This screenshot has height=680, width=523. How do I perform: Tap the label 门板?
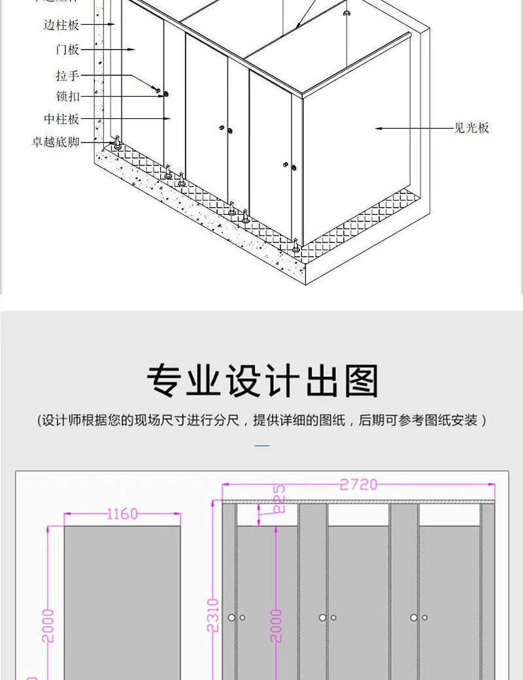(67, 50)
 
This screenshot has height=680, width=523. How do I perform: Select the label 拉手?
(67, 76)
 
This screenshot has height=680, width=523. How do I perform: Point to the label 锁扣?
(67, 97)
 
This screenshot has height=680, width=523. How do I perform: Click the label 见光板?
(471, 129)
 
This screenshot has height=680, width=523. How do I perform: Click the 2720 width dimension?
(358, 485)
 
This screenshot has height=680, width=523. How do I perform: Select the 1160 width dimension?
(122, 514)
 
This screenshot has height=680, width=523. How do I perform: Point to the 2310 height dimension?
(212, 615)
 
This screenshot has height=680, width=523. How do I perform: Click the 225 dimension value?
(278, 499)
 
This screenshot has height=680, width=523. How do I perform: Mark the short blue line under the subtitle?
(261, 446)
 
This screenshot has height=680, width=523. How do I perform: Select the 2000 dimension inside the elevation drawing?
(277, 625)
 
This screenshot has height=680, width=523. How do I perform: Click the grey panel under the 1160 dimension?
(122, 601)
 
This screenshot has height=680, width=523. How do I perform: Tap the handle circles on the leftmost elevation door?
(237, 617)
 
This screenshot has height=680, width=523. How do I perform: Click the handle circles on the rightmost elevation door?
(418, 617)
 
